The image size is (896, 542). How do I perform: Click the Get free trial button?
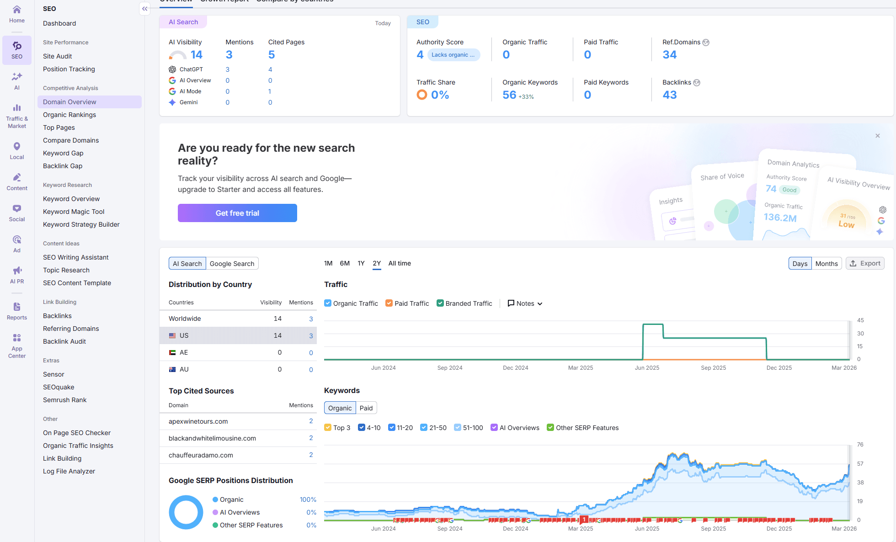pos(237,213)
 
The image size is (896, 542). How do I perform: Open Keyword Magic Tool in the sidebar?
pos(74,212)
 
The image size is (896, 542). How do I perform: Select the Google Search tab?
pos(232,264)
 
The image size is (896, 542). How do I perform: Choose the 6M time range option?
pos(345,263)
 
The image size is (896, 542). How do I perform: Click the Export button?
pos(865,264)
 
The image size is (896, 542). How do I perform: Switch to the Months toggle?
pos(826,264)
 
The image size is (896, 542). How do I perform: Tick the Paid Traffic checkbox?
pos(389,303)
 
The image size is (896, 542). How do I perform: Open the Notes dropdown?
pos(525,303)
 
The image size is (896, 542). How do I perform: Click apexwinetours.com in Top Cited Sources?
pos(198,421)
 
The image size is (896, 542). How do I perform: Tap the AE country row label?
pos(183,352)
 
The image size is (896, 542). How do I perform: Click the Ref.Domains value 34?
pos(669,55)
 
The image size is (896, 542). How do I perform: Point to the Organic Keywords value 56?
pos(509,95)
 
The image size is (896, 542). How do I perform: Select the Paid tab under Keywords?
pos(366,408)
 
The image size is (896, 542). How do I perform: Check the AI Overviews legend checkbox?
pos(494,428)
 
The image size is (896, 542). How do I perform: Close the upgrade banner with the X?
pos(877,136)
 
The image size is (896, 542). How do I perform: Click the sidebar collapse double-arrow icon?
pos(144,9)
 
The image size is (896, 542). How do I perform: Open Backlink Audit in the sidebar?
pos(64,341)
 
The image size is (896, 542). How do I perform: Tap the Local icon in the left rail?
pos(17,150)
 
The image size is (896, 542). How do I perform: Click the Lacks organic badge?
pos(453,55)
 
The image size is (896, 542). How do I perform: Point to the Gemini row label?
pos(188,102)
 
